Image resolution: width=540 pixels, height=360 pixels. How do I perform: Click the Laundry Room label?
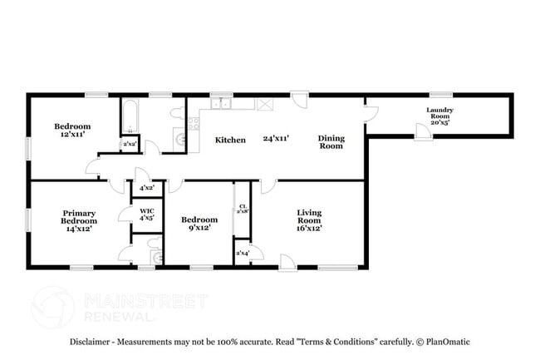click(439, 114)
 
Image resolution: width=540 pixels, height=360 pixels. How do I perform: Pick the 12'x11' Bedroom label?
click(72, 130)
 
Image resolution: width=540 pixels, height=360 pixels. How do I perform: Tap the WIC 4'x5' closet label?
click(146, 215)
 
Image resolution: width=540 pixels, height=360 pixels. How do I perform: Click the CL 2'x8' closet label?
click(242, 209)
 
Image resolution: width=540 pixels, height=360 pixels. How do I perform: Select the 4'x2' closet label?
click(146, 189)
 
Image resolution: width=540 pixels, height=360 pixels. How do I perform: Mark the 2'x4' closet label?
click(243, 252)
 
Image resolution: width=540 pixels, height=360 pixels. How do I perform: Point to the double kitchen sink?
click(220, 104)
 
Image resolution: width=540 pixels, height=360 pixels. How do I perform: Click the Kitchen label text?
click(230, 140)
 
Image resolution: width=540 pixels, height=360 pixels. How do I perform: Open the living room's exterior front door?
click(287, 262)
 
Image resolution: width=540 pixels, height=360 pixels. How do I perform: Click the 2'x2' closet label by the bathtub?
click(130, 145)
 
